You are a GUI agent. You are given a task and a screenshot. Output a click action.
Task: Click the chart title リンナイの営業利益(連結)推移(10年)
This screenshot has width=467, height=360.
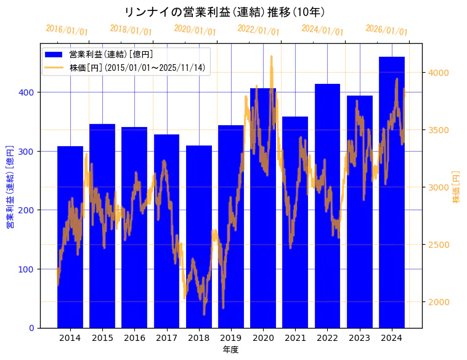pos(225,12)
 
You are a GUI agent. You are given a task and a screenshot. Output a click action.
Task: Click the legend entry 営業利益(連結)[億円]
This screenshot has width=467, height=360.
pos(111,55)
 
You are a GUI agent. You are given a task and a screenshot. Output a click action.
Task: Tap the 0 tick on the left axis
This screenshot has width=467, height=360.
pos(32,328)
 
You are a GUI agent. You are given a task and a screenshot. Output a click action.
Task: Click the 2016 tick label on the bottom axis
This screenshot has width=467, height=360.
pos(134,338)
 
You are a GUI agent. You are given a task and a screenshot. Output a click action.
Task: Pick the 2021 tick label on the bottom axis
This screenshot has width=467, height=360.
pos(295,338)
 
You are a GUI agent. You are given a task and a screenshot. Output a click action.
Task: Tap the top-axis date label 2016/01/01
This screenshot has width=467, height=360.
pos(67,30)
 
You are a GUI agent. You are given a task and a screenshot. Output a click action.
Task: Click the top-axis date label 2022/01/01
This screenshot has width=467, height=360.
pos(259,30)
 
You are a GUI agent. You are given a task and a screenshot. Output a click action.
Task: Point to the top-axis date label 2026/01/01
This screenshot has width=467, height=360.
pos(387,30)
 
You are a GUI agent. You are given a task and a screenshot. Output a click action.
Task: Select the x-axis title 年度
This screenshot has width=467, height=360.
pos(231,350)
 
